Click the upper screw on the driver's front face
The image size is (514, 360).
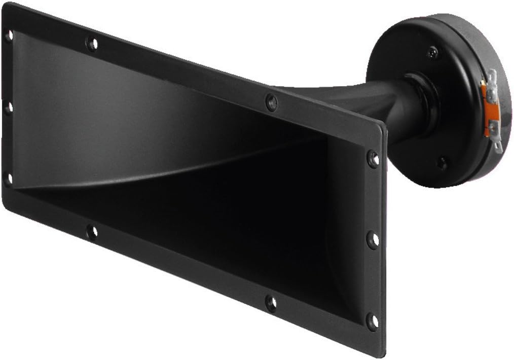coord(432,51)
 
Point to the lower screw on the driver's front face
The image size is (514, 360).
coord(442,163)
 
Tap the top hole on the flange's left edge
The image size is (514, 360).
coord(9,35)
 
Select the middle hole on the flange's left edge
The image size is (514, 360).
coord(8,108)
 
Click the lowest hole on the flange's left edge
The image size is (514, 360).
coord(8,178)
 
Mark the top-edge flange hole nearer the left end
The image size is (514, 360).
coord(92,44)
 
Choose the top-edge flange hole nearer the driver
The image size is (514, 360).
coord(272,102)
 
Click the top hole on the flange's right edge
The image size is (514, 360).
coord(373,159)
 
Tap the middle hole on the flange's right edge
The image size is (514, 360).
coord(373,239)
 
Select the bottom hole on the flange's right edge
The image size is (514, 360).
coord(373,320)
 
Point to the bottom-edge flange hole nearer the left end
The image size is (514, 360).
coord(92,232)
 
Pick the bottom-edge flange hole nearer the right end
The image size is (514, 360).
coord(272,303)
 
